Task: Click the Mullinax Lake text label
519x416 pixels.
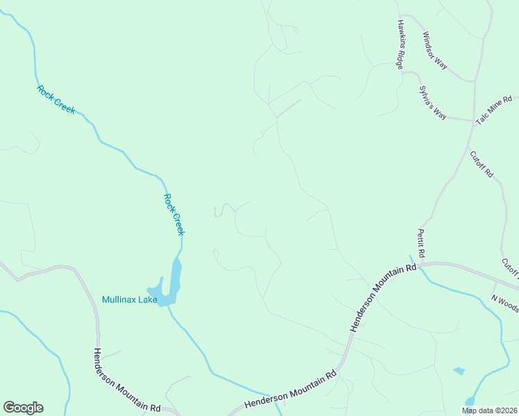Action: click(x=129, y=300)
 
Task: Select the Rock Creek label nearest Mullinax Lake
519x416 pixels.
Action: click(x=174, y=214)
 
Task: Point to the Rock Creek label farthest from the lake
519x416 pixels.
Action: click(x=56, y=99)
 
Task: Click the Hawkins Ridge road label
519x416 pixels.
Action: click(x=400, y=44)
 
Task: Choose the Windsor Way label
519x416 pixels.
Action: click(x=435, y=51)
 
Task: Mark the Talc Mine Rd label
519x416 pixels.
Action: click(x=493, y=110)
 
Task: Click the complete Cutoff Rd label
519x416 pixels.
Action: click(x=481, y=164)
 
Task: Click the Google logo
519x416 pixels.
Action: click(x=23, y=408)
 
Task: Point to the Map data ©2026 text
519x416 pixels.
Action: click(x=489, y=410)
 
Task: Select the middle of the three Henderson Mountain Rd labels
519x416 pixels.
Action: click(x=291, y=393)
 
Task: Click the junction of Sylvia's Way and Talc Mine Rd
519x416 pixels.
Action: click(x=473, y=120)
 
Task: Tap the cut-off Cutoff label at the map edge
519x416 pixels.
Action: click(x=510, y=268)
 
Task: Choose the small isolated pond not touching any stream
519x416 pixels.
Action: click(x=459, y=371)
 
